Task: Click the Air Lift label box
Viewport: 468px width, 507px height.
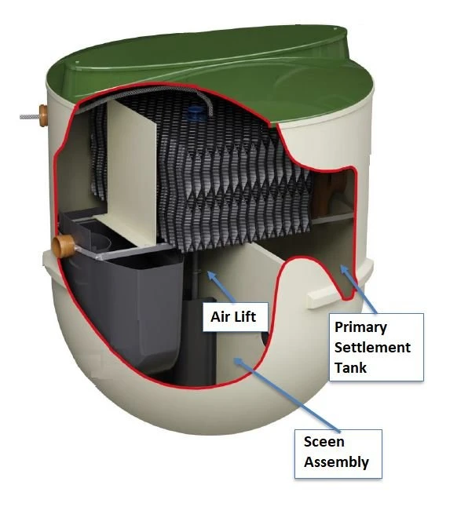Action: (x=235, y=317)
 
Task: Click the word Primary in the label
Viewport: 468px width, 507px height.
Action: (x=360, y=327)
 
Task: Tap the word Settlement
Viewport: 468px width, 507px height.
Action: (x=372, y=348)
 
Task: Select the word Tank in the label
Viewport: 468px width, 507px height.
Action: (x=350, y=367)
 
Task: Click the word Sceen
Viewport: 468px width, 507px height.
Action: (x=324, y=442)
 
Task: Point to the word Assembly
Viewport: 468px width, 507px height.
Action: (x=336, y=462)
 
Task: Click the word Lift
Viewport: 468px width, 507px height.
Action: (x=244, y=316)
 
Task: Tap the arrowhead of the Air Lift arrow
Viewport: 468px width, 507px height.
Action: (x=211, y=275)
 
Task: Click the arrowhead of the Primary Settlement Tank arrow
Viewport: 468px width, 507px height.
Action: (x=343, y=269)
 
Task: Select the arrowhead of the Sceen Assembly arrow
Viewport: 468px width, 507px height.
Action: (x=238, y=361)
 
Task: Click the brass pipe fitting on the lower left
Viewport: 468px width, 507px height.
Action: (x=64, y=246)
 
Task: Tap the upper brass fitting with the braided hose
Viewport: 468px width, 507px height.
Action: (x=43, y=115)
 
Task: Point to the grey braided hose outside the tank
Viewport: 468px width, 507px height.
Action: (x=30, y=116)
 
